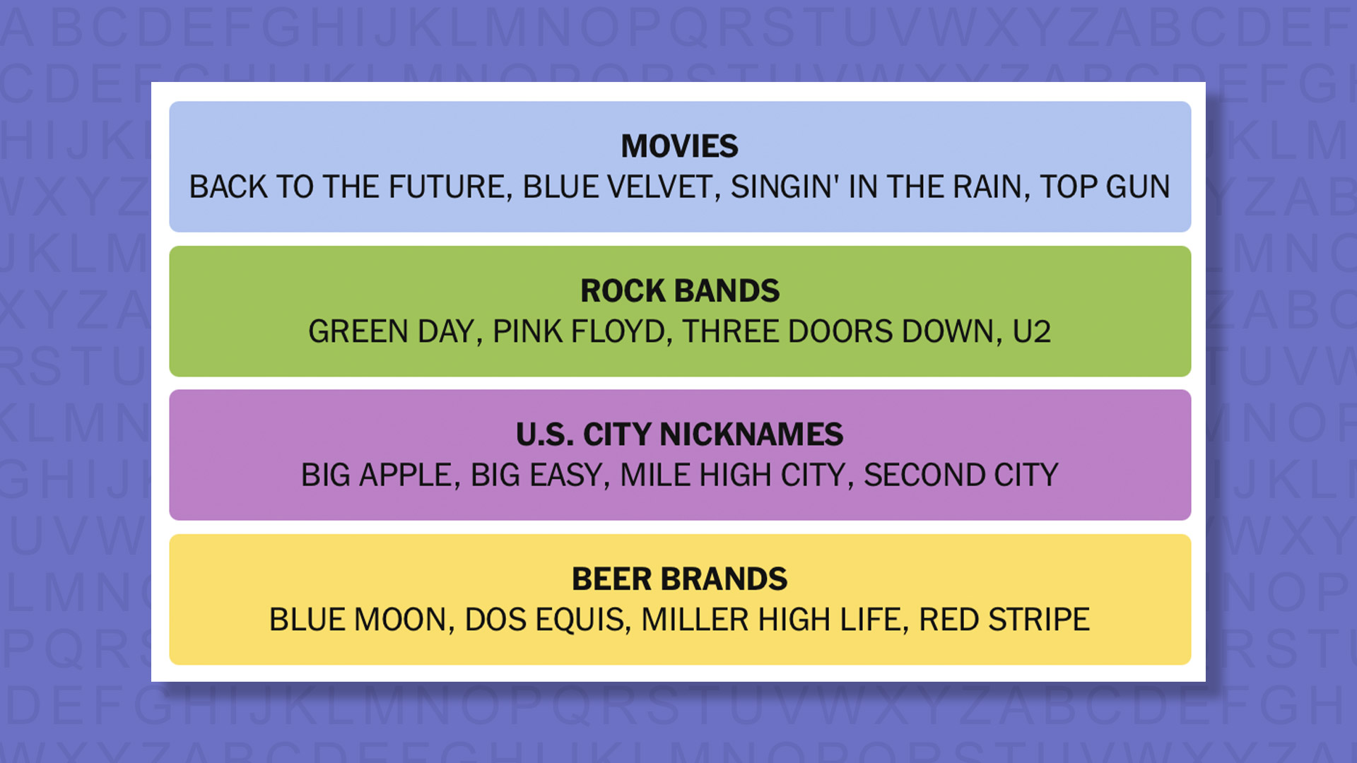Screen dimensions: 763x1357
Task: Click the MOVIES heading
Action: pyautogui.click(x=679, y=146)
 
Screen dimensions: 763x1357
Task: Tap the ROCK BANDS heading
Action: pyautogui.click(x=679, y=290)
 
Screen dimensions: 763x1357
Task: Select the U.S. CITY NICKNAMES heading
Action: pyautogui.click(x=679, y=434)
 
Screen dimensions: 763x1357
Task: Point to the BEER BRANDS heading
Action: pyautogui.click(x=679, y=579)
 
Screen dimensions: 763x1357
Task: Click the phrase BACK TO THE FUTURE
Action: pyautogui.click(x=349, y=187)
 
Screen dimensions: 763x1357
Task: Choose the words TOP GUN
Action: pyautogui.click(x=1104, y=187)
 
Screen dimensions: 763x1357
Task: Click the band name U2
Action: pyautogui.click(x=1031, y=331)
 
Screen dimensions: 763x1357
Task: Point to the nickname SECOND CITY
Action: pyautogui.click(x=961, y=475)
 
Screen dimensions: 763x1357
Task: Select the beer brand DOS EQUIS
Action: pyautogui.click(x=546, y=620)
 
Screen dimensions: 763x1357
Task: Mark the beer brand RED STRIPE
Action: pyautogui.click(x=1004, y=620)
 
